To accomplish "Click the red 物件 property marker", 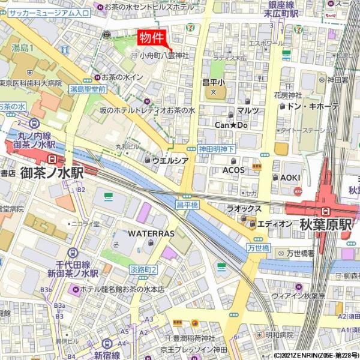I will (x=152, y=38).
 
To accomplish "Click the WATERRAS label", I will (x=151, y=233).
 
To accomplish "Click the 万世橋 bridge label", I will (x=259, y=248).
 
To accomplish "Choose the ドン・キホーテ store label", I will (x=313, y=106).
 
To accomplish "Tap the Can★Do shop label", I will (x=231, y=125).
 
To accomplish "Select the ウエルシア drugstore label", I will (x=170, y=160).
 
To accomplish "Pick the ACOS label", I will (x=233, y=170).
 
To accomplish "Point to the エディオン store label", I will (x=274, y=224).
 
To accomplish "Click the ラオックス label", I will (x=244, y=208).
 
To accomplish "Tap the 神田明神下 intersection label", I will (x=217, y=149).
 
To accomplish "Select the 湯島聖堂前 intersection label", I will (x=88, y=89).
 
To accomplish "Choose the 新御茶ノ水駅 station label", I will (x=73, y=273).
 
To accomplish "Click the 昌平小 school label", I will (x=212, y=82).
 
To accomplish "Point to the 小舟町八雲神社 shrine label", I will (x=164, y=55).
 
